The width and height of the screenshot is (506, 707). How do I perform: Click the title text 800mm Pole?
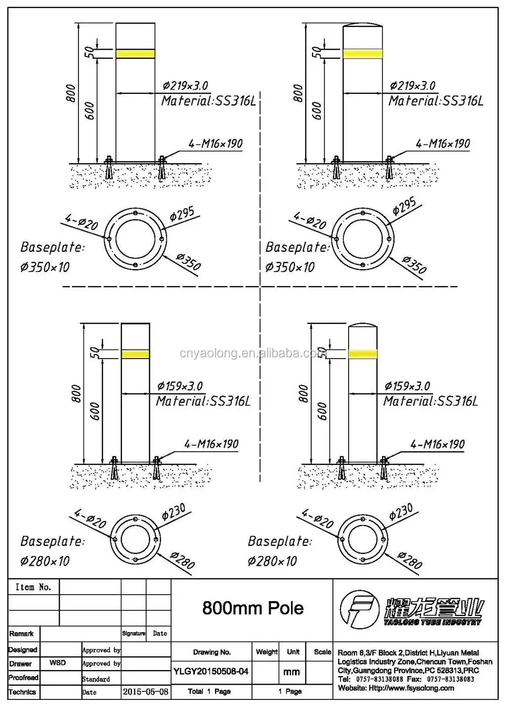(252, 608)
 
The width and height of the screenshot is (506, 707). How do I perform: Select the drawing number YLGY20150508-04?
(211, 671)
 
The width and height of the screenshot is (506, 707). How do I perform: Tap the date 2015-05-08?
(146, 691)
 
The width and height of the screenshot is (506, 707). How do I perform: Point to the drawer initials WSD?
(57, 662)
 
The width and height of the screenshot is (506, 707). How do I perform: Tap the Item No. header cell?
(33, 587)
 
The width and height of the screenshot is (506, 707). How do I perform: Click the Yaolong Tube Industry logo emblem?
(359, 609)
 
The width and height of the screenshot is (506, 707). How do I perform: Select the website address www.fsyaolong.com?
(411, 688)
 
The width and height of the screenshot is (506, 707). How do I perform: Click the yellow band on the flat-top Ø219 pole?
(135, 53)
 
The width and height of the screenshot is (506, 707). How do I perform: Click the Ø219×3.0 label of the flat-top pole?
(185, 86)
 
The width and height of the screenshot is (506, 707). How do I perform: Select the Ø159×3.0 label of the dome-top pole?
(407, 386)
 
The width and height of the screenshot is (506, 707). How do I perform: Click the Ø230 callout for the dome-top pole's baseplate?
(401, 513)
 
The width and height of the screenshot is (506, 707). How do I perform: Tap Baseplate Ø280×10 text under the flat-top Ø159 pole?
(52, 551)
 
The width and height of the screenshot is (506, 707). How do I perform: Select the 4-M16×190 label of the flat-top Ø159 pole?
(211, 444)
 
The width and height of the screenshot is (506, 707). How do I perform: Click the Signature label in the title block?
(134, 634)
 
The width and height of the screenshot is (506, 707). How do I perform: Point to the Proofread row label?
(23, 678)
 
